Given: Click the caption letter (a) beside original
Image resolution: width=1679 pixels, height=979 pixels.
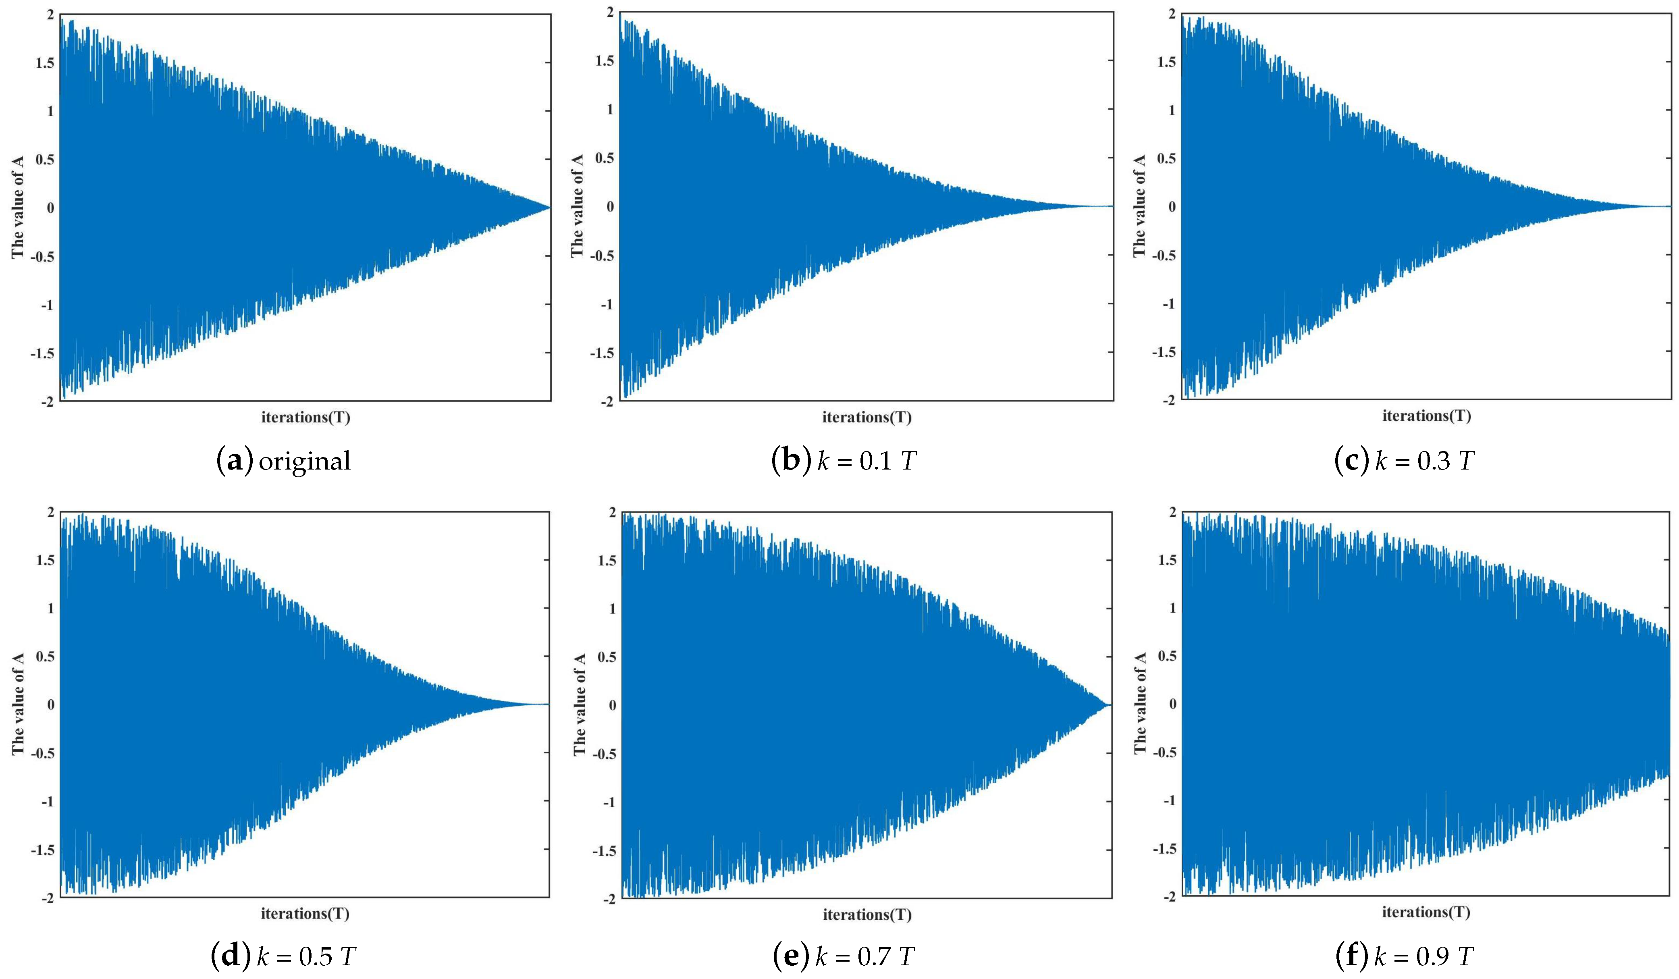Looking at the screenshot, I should click(x=235, y=461).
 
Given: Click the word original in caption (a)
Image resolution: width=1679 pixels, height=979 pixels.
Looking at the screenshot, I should click(x=305, y=461).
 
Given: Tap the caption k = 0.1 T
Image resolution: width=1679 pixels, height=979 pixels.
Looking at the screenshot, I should click(x=867, y=461).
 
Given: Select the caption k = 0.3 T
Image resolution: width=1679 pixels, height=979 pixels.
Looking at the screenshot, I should click(x=1425, y=461).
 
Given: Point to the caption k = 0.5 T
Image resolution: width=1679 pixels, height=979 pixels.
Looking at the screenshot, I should click(x=306, y=956).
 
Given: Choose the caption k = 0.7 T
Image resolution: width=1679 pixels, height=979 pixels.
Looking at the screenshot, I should click(x=865, y=956).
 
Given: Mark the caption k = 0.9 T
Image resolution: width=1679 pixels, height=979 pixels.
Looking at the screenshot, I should click(x=1424, y=956).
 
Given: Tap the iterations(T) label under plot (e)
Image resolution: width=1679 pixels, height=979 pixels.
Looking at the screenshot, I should click(x=867, y=915).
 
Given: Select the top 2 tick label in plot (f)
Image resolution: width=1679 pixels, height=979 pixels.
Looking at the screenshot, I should click(x=1173, y=512).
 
